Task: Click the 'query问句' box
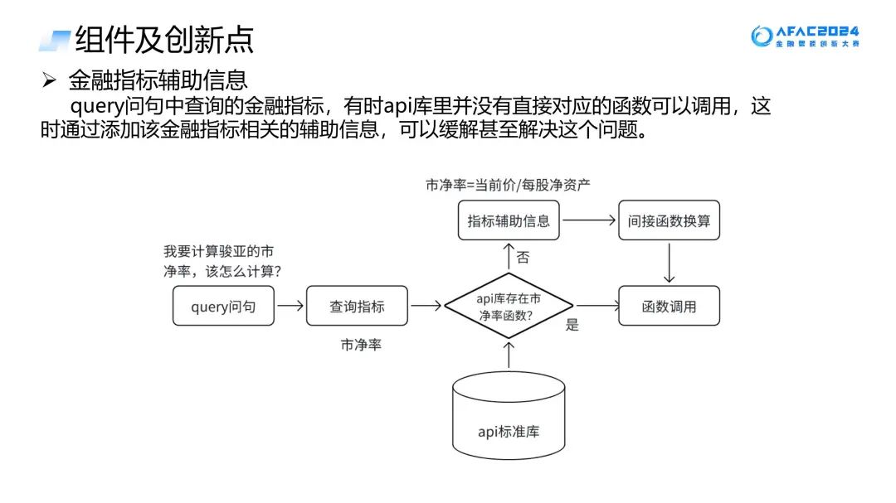pos(223,306)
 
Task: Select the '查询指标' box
pos(357,306)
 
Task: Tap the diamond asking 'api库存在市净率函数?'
pos(509,306)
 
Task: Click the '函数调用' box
pos(669,306)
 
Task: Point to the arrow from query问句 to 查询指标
pos(290,306)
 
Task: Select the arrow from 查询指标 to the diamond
pos(426,306)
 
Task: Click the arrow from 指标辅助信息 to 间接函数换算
pos(588,220)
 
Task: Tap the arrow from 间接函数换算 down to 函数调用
pos(669,263)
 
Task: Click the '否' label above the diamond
pos(523,258)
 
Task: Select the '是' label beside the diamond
pos(572,325)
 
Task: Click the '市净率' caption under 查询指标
pos(361,345)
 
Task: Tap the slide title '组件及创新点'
pos(164,39)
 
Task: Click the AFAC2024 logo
pos(805,36)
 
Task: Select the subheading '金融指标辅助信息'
pos(158,80)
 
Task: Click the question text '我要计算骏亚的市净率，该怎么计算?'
pos(222,260)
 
